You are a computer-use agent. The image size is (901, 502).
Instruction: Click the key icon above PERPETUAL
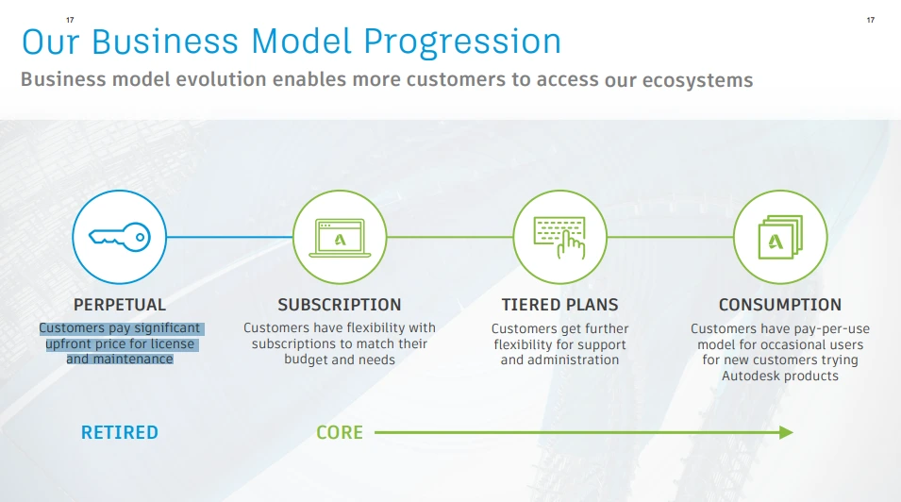click(120, 237)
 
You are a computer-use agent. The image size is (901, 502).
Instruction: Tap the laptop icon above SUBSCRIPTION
click(340, 238)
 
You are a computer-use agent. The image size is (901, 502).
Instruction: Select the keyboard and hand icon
click(559, 237)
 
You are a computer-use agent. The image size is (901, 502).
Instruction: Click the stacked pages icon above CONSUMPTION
click(780, 237)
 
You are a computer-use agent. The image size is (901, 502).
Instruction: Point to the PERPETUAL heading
click(120, 305)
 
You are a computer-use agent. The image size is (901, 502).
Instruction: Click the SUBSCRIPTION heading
click(340, 305)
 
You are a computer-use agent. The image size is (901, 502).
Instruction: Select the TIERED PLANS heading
click(559, 305)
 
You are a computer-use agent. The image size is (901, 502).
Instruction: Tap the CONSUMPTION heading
click(780, 305)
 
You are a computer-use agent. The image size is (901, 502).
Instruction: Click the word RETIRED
click(120, 432)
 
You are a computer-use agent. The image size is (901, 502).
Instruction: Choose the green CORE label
click(340, 432)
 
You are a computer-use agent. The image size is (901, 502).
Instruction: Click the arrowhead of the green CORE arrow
click(787, 432)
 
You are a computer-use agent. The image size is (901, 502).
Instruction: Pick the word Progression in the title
click(462, 42)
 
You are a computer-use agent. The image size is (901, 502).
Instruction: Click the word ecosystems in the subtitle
click(697, 80)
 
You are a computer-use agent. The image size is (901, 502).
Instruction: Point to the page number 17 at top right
click(871, 20)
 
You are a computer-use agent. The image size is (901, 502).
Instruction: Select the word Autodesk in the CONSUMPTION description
click(747, 376)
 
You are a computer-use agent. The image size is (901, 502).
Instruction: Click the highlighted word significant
click(167, 327)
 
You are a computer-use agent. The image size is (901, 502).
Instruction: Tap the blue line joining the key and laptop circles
click(229, 237)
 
